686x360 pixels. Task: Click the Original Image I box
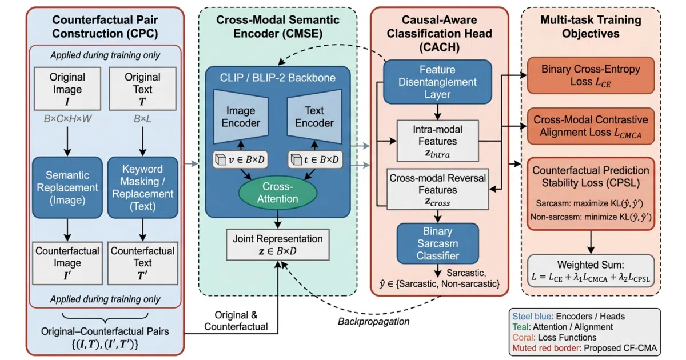pos(67,89)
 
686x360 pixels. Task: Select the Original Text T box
pos(143,89)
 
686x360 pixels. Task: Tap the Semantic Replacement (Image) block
pos(67,187)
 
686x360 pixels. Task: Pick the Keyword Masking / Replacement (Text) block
pos(143,187)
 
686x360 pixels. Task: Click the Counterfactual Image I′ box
pos(67,263)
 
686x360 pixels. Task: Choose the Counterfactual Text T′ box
pos(143,263)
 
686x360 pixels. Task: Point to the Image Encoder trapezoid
pos(241,117)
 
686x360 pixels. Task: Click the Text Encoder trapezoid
pos(314,117)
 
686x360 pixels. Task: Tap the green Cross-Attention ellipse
pos(278,193)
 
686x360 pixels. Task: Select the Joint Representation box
pos(278,245)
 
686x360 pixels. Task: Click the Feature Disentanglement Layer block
pos(438,82)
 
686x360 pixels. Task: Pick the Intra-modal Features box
pos(438,141)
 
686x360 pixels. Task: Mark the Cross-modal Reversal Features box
pos(438,189)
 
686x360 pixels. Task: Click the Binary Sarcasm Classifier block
pos(438,243)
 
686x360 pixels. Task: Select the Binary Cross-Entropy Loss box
pos(591,75)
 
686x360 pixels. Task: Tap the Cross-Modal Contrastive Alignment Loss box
pos(591,126)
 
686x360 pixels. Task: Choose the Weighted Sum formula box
pos(591,271)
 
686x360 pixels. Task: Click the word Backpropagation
pos(374,321)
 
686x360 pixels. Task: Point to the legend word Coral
pos(524,337)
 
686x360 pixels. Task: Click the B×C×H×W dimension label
pos(67,118)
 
